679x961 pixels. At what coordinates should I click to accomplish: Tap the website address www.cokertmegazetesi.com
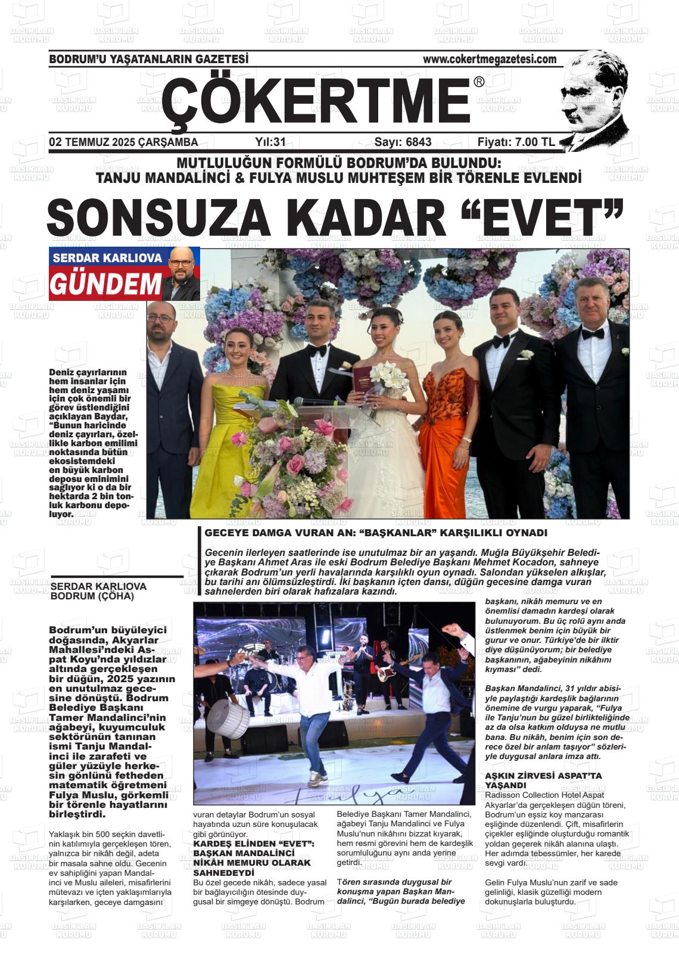pos(489,59)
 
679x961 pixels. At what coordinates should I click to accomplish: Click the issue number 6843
pos(418,142)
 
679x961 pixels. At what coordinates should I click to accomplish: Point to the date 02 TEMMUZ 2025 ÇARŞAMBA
pos(123,142)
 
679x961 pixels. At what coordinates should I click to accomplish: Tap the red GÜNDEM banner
pos(105,285)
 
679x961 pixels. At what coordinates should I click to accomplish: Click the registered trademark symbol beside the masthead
pos(479,83)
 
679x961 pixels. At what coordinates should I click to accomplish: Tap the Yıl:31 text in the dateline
pos(270,142)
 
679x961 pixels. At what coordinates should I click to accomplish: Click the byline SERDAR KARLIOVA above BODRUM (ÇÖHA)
pos(99,586)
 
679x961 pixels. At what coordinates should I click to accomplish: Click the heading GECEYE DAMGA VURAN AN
pos(375,533)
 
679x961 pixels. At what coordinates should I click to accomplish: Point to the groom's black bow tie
pos(317,350)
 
